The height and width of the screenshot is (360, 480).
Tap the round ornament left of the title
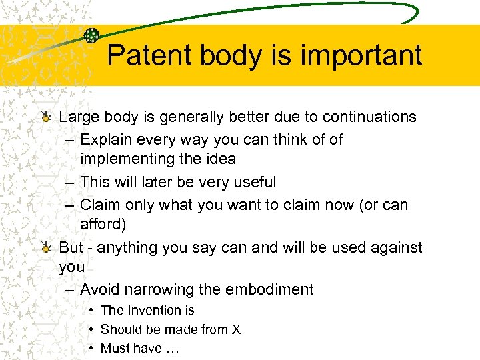pyautogui.click(x=91, y=36)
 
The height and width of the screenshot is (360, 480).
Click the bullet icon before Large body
pyautogui.click(x=46, y=118)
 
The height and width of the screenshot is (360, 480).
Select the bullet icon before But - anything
pyautogui.click(x=46, y=249)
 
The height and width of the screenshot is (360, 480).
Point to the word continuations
pyautogui.click(x=369, y=117)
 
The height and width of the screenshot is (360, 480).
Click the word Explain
pyautogui.click(x=107, y=139)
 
